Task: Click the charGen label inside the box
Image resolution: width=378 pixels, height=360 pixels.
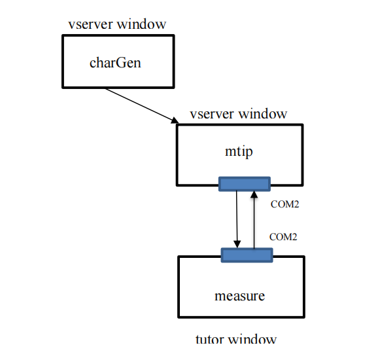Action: pyautogui.click(x=115, y=62)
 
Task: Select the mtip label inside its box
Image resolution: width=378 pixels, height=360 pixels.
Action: pyautogui.click(x=239, y=152)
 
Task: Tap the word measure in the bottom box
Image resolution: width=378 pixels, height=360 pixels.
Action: pyautogui.click(x=239, y=296)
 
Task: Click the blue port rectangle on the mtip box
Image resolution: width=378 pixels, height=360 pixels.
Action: pyautogui.click(x=245, y=184)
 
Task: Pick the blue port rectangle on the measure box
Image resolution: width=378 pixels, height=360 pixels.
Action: pyautogui.click(x=247, y=255)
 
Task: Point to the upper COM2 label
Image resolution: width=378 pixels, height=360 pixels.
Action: pyautogui.click(x=284, y=204)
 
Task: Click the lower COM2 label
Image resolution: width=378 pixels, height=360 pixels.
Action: pyautogui.click(x=283, y=237)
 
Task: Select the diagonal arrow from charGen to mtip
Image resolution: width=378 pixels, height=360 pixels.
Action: pyautogui.click(x=142, y=106)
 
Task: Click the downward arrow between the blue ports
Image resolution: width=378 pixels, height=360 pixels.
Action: pyautogui.click(x=237, y=219)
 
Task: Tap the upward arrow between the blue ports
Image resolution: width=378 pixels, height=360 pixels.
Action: pyautogui.click(x=254, y=219)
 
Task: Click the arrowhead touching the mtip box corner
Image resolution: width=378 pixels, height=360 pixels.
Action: pyautogui.click(x=175, y=120)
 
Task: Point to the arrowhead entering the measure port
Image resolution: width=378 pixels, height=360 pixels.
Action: pyautogui.click(x=237, y=244)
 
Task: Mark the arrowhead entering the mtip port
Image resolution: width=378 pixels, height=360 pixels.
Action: pyautogui.click(x=254, y=194)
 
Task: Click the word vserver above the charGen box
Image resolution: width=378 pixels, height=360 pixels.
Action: pyautogui.click(x=91, y=25)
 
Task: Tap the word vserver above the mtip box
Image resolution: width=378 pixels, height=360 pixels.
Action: pyautogui.click(x=212, y=115)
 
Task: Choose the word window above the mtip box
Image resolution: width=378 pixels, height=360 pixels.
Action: pyautogui.click(x=264, y=114)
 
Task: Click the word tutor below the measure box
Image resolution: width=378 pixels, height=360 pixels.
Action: pyautogui.click(x=210, y=339)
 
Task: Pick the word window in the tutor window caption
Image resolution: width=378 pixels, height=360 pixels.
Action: pyautogui.click(x=252, y=339)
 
